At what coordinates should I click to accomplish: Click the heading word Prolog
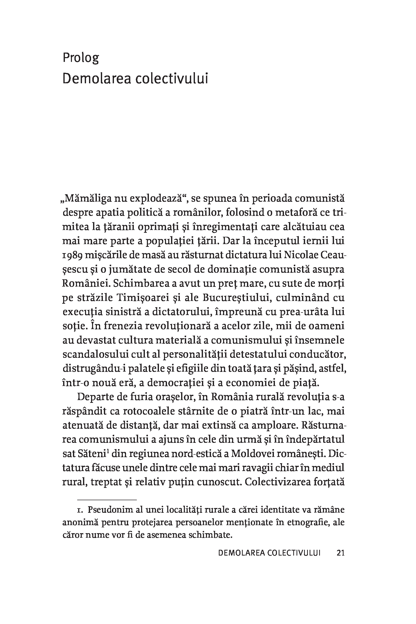pos(81,58)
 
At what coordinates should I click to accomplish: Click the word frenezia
pos(122,326)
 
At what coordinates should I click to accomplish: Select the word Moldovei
pos(249,454)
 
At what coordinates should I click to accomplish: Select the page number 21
pos(340,553)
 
